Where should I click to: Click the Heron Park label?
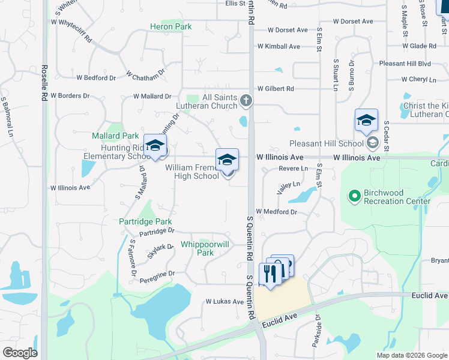(171, 27)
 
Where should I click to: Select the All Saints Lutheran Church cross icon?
(246, 101)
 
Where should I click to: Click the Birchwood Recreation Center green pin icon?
(354, 195)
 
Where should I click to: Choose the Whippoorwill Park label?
(205, 249)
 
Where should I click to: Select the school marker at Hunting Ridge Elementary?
(155, 146)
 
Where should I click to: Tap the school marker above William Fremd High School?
(227, 160)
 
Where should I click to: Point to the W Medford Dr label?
(277, 212)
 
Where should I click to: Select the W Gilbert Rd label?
(276, 89)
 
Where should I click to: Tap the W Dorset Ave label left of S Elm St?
(288, 30)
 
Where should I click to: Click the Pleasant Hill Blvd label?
(405, 63)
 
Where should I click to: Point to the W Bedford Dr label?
(96, 78)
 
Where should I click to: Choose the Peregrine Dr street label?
(155, 274)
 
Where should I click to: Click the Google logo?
(20, 353)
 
